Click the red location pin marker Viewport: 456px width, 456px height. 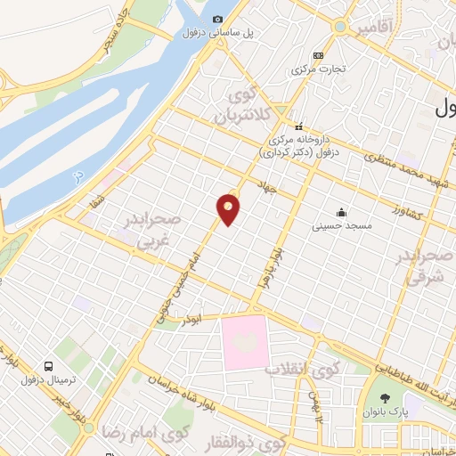(x=229, y=208)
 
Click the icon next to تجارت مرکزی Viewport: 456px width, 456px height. (x=320, y=54)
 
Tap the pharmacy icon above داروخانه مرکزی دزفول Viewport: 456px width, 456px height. (x=299, y=126)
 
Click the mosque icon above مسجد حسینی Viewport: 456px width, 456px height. (x=341, y=212)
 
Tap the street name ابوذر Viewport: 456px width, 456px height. (x=193, y=318)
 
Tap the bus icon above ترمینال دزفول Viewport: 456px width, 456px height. (x=48, y=366)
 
